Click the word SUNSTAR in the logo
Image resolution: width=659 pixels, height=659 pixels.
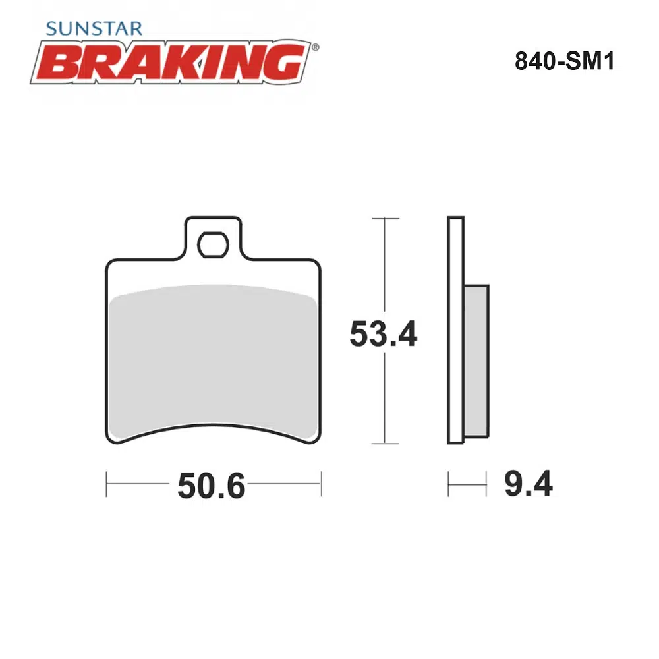coord(94,28)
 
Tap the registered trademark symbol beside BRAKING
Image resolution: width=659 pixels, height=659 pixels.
coord(315,47)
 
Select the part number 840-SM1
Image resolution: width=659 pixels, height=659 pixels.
coord(565,61)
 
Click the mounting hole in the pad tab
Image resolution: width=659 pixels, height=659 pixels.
coord(213,244)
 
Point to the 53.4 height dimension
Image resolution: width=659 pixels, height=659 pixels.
coord(384,334)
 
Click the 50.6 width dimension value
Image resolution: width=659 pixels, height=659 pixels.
coord(211,486)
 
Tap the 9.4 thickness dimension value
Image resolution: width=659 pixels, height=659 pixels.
coord(529,484)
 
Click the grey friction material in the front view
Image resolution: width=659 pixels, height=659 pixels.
coord(213,361)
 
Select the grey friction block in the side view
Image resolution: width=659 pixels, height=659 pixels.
coord(476,361)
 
